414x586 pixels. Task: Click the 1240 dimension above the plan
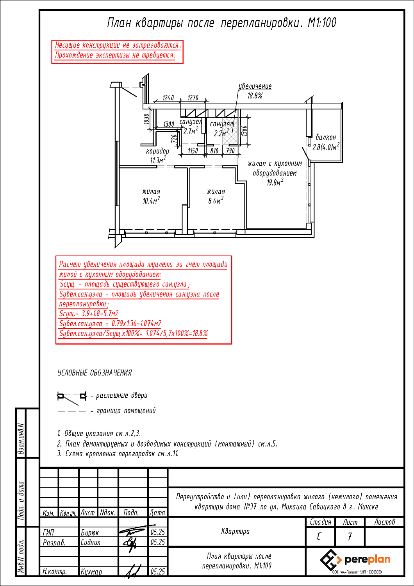point(168,98)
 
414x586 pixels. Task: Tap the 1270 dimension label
point(193,98)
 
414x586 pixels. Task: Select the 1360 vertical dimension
point(244,131)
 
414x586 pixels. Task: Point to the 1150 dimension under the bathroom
point(193,151)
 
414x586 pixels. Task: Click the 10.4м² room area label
point(151,201)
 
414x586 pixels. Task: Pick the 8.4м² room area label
point(216,201)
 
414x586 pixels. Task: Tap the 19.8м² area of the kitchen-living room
point(275,182)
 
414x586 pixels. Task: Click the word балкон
point(326,137)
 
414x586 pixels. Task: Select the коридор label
point(157,151)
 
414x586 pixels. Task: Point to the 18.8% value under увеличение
point(255,96)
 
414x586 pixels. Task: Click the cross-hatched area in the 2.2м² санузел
point(230,131)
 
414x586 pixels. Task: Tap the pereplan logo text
point(368,559)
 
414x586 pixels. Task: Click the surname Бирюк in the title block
point(90,532)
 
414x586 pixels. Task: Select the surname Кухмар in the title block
point(91,572)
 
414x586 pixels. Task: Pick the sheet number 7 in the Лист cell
point(350,537)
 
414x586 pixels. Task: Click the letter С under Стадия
point(319,537)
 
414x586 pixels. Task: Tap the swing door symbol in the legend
point(71,398)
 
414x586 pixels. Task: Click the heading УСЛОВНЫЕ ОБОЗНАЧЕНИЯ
point(95,373)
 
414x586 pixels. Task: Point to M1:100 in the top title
point(322,23)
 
